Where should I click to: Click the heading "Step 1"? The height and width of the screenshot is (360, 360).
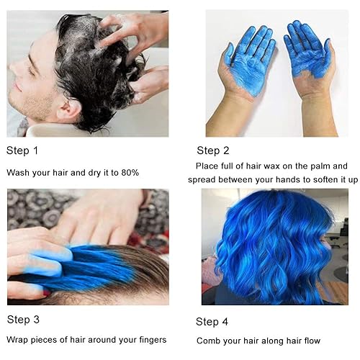click(x=22, y=150)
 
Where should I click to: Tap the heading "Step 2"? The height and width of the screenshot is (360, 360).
click(x=213, y=150)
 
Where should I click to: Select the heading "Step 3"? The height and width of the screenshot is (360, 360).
click(x=23, y=319)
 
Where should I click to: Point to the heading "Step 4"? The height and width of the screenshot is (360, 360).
click(x=213, y=321)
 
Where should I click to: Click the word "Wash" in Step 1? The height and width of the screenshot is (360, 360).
click(x=19, y=173)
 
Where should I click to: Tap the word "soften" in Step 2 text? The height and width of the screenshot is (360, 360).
click(x=308, y=179)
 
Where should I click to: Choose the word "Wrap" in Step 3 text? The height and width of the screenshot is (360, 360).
click(x=18, y=339)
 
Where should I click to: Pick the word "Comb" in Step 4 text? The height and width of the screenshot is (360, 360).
click(x=210, y=341)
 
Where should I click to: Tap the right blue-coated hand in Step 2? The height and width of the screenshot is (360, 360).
click(x=308, y=54)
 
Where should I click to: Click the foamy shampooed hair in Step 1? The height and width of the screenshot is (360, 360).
click(x=86, y=50)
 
